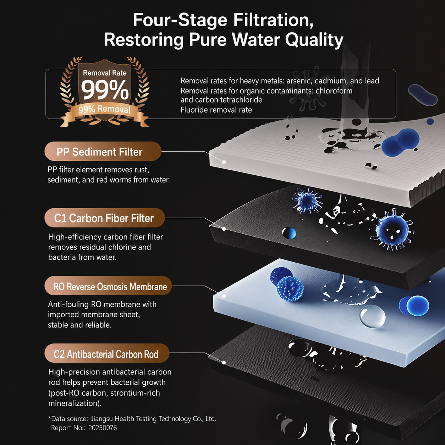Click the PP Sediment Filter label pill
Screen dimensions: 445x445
tap(103, 151)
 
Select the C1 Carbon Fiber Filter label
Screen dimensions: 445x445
tap(105, 218)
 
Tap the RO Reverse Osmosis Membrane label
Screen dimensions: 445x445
tap(108, 286)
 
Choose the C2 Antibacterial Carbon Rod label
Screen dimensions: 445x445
tap(107, 353)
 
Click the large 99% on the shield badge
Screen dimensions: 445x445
tap(105, 90)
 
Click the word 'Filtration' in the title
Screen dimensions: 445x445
tap(273, 20)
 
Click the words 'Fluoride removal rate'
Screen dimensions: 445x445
tap(216, 110)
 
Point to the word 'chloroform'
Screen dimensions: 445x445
tap(334, 91)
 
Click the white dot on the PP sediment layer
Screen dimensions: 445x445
tap(224, 162)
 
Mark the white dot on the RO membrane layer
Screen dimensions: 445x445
tap(224, 296)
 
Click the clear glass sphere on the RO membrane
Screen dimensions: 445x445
tap(373, 316)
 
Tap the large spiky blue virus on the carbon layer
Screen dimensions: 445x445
tap(392, 230)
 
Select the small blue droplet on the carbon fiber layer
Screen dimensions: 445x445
tap(289, 233)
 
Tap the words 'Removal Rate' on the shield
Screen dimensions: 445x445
tap(105, 73)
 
